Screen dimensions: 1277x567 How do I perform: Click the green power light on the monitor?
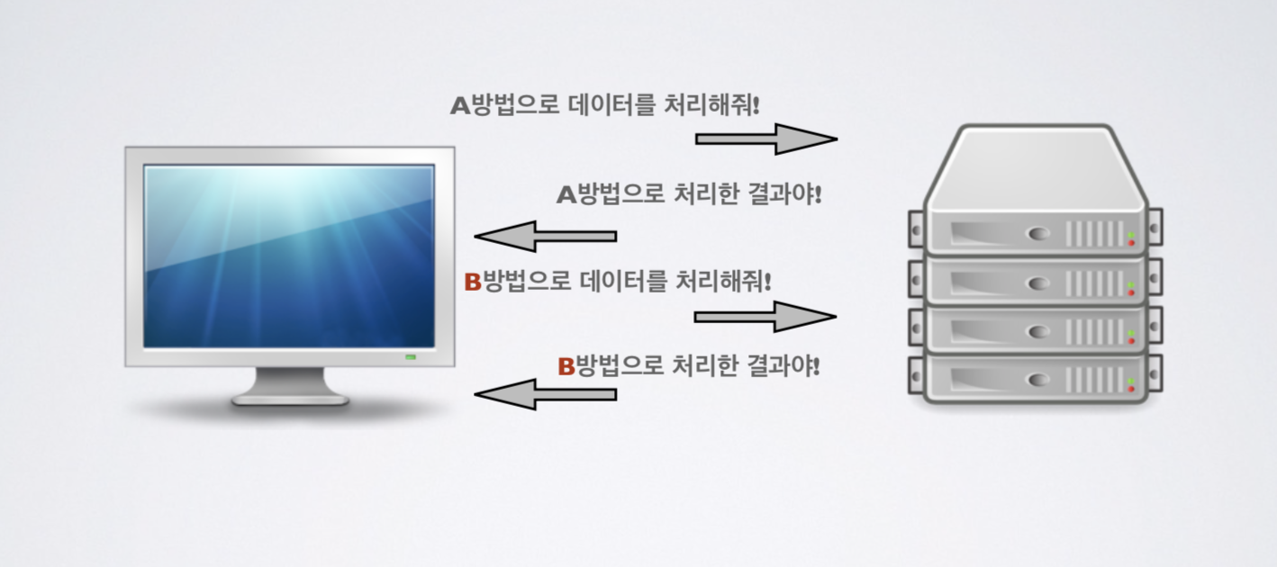point(411,358)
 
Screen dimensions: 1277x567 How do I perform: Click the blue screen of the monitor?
point(289,256)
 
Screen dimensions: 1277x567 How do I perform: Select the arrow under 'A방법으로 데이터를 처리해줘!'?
point(766,139)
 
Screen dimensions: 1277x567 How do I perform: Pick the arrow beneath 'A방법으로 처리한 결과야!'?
point(546,237)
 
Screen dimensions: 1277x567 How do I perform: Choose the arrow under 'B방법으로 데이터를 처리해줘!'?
point(765,317)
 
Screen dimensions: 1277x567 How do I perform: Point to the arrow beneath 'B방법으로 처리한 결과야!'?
point(546,394)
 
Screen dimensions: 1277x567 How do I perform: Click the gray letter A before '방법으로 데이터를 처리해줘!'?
point(460,106)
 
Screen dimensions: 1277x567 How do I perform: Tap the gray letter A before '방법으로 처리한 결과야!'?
point(566,194)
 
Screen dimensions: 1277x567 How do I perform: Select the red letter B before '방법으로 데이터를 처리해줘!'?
point(473,283)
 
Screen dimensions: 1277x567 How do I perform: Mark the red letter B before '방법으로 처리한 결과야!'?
point(566,366)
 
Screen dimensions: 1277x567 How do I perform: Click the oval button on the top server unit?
point(1039,234)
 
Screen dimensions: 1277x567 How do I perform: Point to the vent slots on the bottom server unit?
point(1094,380)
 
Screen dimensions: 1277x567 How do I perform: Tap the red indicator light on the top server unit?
point(1132,243)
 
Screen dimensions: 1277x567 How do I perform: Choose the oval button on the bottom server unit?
point(1039,380)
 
